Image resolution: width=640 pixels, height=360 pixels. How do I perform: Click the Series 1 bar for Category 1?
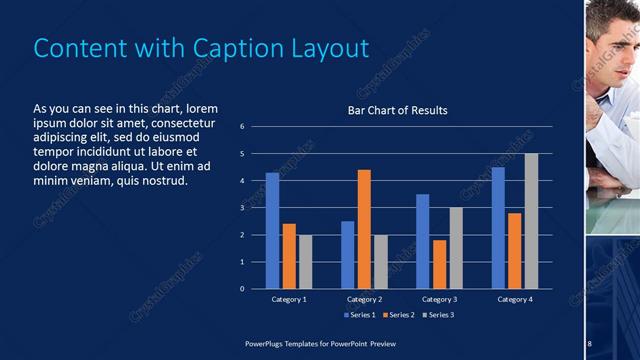point(272,231)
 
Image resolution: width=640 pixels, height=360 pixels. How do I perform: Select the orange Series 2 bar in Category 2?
point(364,229)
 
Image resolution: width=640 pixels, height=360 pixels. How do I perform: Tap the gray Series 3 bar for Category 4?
point(531,221)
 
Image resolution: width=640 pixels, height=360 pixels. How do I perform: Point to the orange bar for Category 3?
point(439,264)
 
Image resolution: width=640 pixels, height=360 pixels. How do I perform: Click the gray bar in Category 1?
point(306,261)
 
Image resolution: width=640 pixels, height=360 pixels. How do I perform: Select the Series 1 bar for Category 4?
point(498,228)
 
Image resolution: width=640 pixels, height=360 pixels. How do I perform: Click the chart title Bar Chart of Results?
point(397,110)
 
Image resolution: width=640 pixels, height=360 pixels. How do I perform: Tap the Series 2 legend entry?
point(400,316)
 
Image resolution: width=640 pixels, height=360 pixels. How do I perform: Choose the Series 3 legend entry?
point(438,316)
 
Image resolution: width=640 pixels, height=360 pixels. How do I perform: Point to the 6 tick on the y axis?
point(242,127)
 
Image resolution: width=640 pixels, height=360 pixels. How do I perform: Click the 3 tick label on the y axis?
point(242,208)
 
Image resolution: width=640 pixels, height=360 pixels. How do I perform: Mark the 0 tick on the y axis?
point(242,289)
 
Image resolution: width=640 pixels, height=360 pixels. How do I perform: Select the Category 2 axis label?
point(364,299)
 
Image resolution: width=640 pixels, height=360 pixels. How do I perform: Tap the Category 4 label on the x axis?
point(515,299)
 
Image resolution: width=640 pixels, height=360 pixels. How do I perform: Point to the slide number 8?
point(589,344)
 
